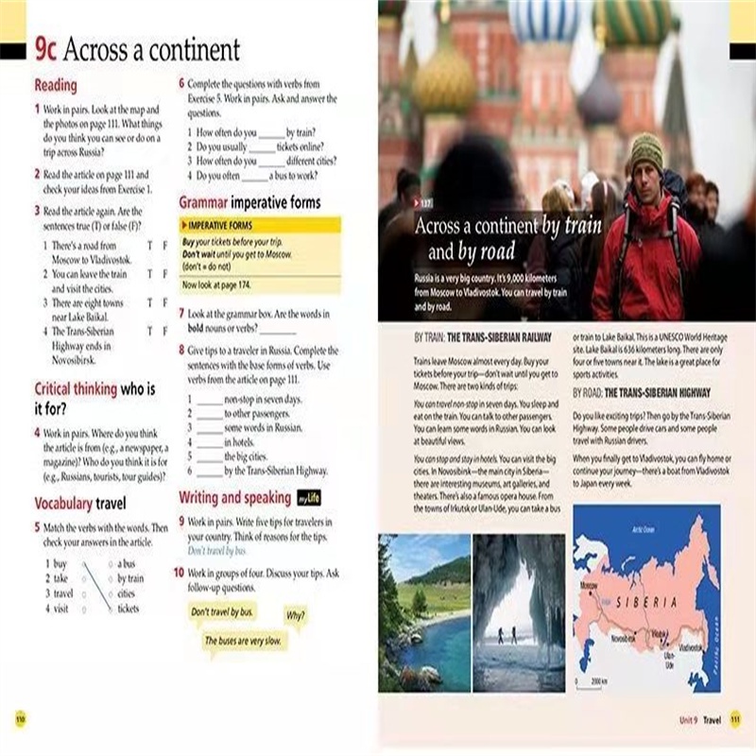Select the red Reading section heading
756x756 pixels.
pos(56,86)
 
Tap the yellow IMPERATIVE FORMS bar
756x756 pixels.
pos(259,225)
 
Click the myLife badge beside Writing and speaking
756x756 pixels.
pos(308,498)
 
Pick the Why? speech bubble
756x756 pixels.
pos(296,615)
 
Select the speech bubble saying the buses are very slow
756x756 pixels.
pos(244,641)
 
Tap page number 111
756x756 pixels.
pos(736,719)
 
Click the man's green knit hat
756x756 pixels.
pos(645,151)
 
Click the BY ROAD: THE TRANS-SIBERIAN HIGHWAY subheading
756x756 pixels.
pos(642,392)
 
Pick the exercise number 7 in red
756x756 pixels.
pos(181,312)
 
